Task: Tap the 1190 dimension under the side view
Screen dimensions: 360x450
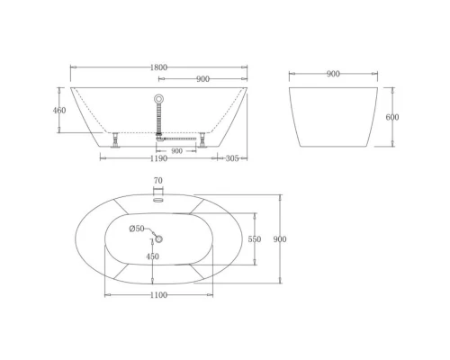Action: coord(157,158)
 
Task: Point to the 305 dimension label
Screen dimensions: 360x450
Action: coord(231,158)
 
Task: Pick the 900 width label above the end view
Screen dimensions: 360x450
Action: coord(333,74)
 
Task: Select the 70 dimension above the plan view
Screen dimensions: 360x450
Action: coord(157,181)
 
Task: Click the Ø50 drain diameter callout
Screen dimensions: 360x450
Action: coord(137,229)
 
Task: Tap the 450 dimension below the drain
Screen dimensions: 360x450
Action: coord(153,256)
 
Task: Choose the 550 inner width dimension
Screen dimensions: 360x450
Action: coord(254,239)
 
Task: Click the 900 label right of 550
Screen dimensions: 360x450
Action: coord(280,239)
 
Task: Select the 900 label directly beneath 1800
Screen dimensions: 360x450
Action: coord(204,79)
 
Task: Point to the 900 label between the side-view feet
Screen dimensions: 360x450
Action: coord(176,150)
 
